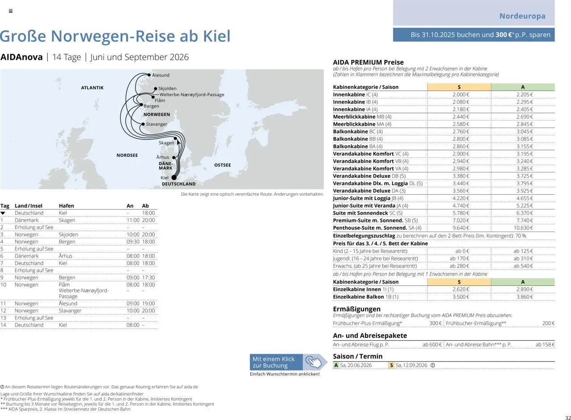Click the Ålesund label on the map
[161, 75]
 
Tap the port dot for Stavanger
[143, 124]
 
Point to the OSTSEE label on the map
[223, 165]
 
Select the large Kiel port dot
[174, 177]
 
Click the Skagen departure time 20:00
[149, 220]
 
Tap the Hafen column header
[66, 206]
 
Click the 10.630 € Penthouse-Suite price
[523, 228]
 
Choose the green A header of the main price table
[523, 87]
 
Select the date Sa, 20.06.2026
[356, 365]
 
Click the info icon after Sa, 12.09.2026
[433, 365]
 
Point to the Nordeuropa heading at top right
[522, 16]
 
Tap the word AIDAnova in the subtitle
[21, 57]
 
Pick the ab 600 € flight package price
[432, 345]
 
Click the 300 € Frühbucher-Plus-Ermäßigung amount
[435, 323]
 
